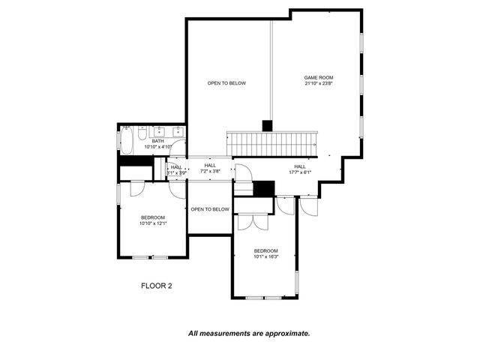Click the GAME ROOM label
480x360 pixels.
tap(318, 77)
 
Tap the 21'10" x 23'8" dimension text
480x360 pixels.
tap(318, 84)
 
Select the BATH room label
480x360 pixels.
tap(157, 141)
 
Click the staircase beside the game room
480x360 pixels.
tap(271, 142)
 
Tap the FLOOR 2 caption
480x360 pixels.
tap(157, 285)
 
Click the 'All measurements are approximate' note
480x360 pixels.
tap(248, 333)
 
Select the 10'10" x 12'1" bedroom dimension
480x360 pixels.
tap(153, 223)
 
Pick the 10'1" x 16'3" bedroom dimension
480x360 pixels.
tap(265, 256)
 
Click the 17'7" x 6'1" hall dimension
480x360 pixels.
tap(299, 172)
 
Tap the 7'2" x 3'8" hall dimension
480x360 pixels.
tap(210, 172)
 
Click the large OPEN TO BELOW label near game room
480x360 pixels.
tap(226, 83)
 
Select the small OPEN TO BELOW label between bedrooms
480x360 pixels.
tap(209, 209)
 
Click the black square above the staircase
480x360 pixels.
tap(266, 126)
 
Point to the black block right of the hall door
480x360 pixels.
tap(264, 189)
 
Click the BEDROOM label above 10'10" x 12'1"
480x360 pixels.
tap(153, 217)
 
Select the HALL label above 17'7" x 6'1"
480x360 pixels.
tap(299, 166)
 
